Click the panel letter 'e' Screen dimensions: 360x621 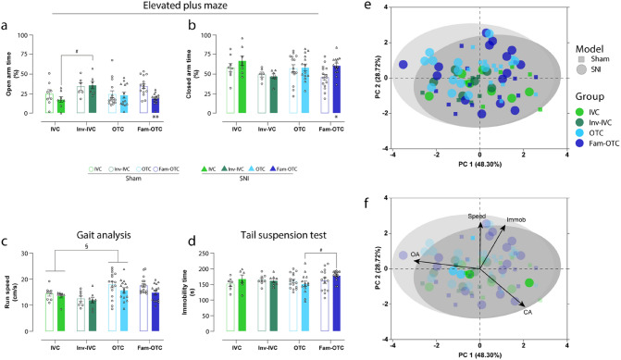tap(368, 7)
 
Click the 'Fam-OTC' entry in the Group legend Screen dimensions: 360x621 tap(591, 138)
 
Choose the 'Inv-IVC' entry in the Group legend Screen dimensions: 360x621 tap(590, 108)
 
